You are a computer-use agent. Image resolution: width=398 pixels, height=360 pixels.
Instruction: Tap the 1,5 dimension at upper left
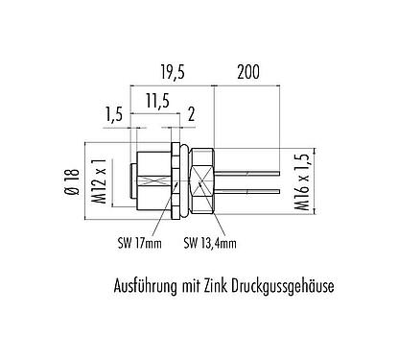click(x=113, y=115)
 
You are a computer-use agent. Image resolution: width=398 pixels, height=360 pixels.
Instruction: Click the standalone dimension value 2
click(x=191, y=115)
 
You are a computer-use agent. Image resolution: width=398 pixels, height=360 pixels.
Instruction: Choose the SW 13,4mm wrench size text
click(x=209, y=243)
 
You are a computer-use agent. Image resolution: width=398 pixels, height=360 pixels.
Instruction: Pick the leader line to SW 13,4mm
click(x=193, y=221)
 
